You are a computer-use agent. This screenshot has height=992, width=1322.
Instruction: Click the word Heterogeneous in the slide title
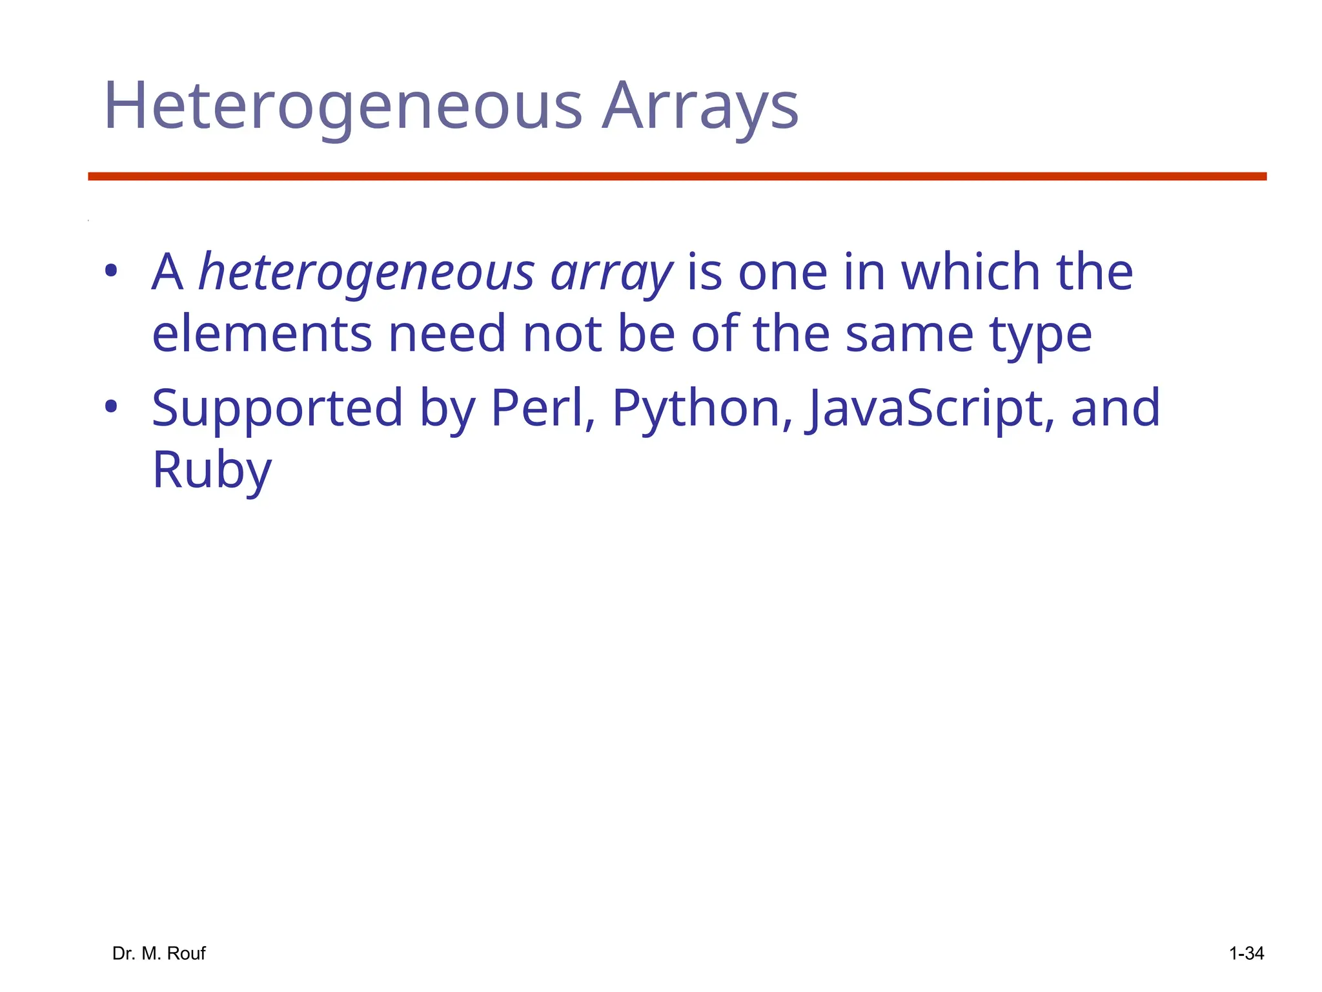[x=343, y=106]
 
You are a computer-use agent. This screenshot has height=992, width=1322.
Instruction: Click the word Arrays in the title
[x=700, y=106]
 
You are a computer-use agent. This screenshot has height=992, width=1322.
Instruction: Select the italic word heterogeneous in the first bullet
[x=366, y=273]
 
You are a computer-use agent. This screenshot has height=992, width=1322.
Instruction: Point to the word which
[x=970, y=271]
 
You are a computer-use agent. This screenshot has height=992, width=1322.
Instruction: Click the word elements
[x=262, y=334]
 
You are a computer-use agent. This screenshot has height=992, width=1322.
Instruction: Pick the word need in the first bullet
[x=447, y=334]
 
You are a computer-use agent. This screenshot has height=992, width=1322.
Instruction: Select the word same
[x=909, y=334]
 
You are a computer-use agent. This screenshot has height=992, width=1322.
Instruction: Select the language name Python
[x=702, y=408]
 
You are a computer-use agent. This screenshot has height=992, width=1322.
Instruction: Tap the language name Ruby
[x=212, y=470]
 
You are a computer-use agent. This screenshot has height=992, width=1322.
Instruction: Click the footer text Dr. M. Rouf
[x=159, y=953]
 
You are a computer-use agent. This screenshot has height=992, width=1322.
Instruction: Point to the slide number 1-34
[x=1246, y=953]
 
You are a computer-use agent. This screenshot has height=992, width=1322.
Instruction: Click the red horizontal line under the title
[x=677, y=176]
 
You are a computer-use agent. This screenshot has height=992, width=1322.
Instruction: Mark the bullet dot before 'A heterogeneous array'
[x=111, y=271]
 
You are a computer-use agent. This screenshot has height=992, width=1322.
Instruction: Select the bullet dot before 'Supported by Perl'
[x=111, y=407]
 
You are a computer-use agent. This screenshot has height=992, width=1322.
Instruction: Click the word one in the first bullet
[x=782, y=273]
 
